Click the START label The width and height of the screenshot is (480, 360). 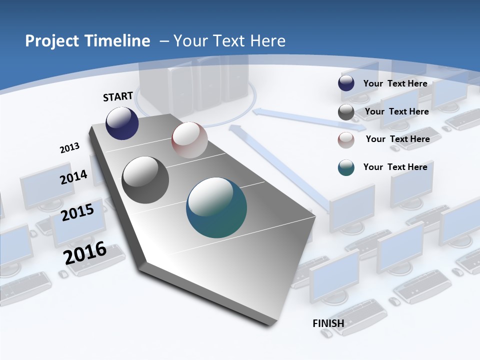[118, 96]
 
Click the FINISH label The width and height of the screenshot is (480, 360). [328, 323]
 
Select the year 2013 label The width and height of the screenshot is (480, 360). [69, 148]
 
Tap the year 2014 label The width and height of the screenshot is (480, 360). [73, 177]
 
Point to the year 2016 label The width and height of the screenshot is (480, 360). [85, 252]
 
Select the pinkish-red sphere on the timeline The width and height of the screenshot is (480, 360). [189, 140]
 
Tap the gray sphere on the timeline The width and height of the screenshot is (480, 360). [145, 180]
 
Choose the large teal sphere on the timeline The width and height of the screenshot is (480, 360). [216, 207]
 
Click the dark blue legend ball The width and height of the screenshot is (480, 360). [346, 83]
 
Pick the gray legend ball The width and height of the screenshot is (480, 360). [346, 112]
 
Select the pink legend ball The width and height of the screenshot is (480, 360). [346, 140]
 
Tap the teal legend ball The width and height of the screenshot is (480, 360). [346, 167]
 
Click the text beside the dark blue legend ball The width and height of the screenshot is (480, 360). [395, 83]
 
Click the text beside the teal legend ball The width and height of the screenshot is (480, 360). [395, 167]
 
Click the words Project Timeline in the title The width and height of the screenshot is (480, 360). [87, 41]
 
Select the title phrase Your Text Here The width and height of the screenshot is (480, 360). [229, 41]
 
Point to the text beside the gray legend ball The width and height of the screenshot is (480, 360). [396, 111]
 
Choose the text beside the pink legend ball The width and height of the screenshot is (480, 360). [397, 139]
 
